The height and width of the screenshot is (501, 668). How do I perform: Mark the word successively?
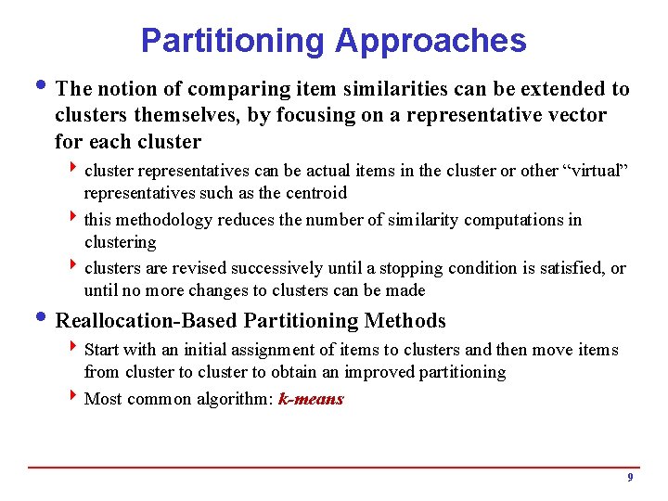click(x=276, y=269)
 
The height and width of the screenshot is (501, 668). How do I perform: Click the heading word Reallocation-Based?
click(x=148, y=322)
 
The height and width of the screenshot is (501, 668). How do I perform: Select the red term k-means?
click(x=311, y=400)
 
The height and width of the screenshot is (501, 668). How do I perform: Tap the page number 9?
click(x=630, y=478)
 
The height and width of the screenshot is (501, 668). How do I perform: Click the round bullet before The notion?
click(x=46, y=89)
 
